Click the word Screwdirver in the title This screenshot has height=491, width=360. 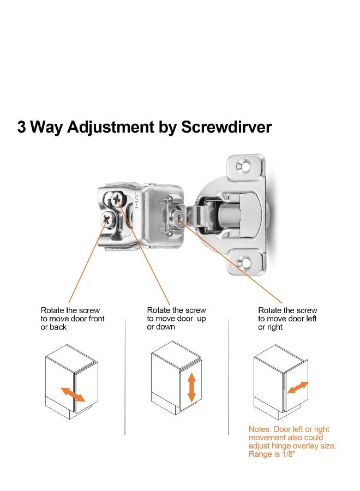(226, 127)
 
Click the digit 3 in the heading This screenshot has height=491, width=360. (22, 127)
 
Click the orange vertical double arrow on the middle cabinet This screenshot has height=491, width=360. (191, 388)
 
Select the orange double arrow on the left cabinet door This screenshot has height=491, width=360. (72, 394)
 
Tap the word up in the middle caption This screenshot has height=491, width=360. (201, 319)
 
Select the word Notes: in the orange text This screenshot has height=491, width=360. (260, 429)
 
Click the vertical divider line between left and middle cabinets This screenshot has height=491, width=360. (125, 376)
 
